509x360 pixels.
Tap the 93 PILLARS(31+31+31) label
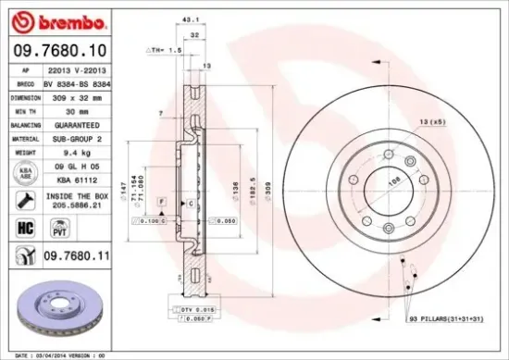click(447, 318)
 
